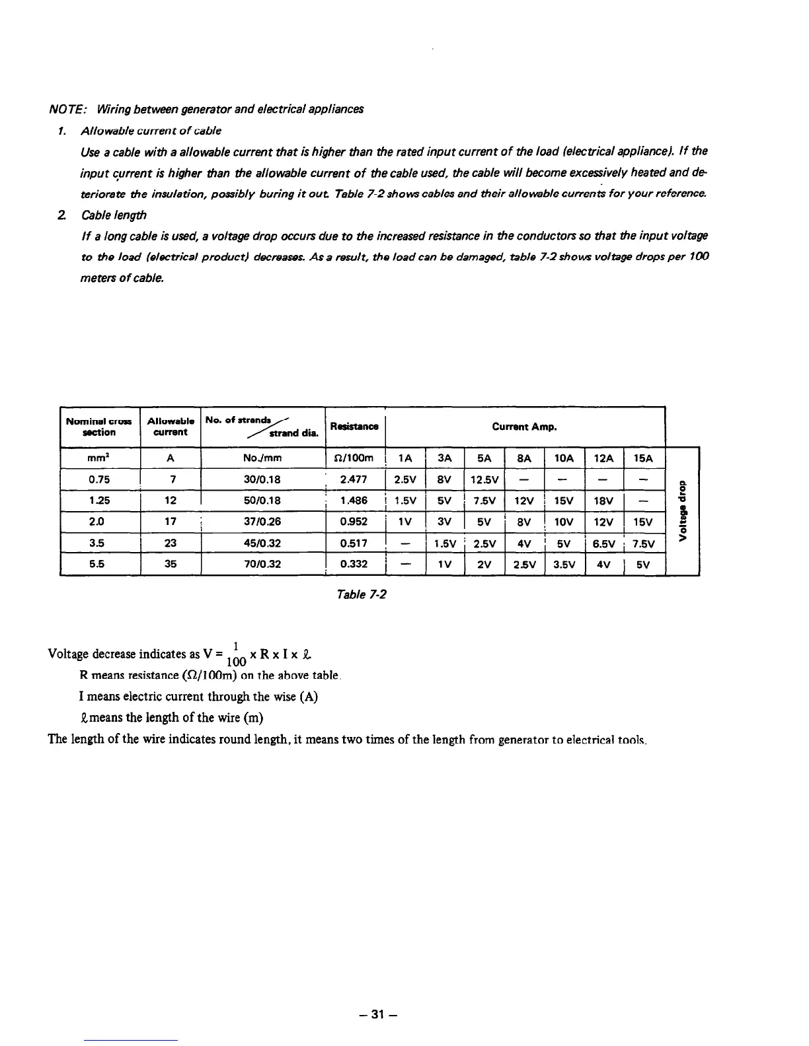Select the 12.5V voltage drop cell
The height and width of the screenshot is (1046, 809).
pyautogui.click(x=484, y=479)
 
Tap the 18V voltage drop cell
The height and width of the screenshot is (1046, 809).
pyautogui.click(x=603, y=501)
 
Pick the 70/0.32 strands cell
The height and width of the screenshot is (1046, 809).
pyautogui.click(x=262, y=565)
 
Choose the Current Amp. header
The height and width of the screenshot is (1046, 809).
pyautogui.click(x=524, y=427)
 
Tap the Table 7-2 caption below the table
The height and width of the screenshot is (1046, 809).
pyautogui.click(x=361, y=594)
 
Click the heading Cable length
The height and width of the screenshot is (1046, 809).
pyautogui.click(x=114, y=215)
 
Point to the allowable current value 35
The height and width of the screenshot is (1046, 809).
pyautogui.click(x=170, y=565)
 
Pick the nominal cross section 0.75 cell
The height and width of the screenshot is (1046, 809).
pyautogui.click(x=99, y=479)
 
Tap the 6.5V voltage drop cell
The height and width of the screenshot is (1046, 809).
pyautogui.click(x=603, y=543)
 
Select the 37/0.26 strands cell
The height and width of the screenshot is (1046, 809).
pyautogui.click(x=262, y=522)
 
